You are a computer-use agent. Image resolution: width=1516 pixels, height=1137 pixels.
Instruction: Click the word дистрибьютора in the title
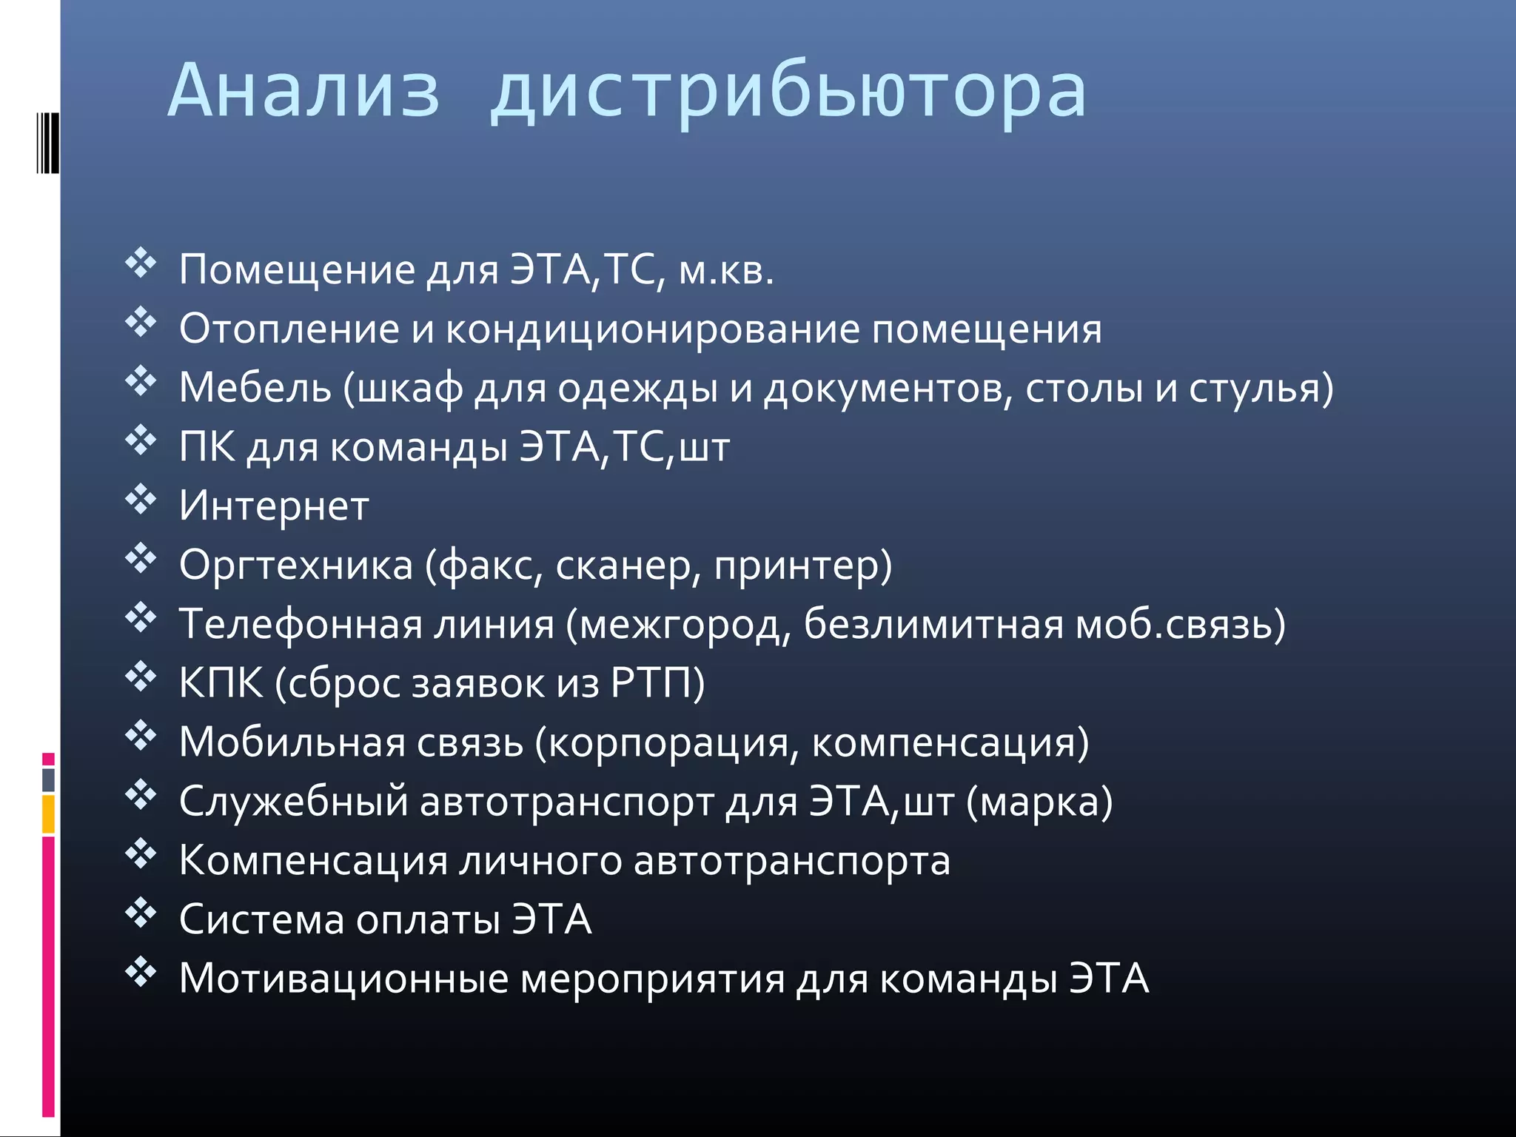(788, 93)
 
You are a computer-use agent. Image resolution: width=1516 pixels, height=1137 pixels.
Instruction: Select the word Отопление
(289, 329)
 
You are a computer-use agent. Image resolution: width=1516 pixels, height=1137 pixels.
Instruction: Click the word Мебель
(255, 388)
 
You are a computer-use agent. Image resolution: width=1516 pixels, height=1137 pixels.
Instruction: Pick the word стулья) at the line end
(1261, 389)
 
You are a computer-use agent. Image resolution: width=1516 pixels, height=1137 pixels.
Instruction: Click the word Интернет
(274, 507)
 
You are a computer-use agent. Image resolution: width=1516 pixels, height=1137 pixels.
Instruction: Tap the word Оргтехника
(295, 566)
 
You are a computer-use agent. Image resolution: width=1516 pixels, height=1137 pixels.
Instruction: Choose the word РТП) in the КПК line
(657, 684)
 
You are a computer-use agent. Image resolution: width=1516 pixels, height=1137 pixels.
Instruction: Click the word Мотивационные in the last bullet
(343, 979)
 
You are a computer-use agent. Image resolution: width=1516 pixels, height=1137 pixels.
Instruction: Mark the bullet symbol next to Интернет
(141, 500)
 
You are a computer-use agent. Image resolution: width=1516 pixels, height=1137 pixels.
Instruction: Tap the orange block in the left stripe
(49, 814)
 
